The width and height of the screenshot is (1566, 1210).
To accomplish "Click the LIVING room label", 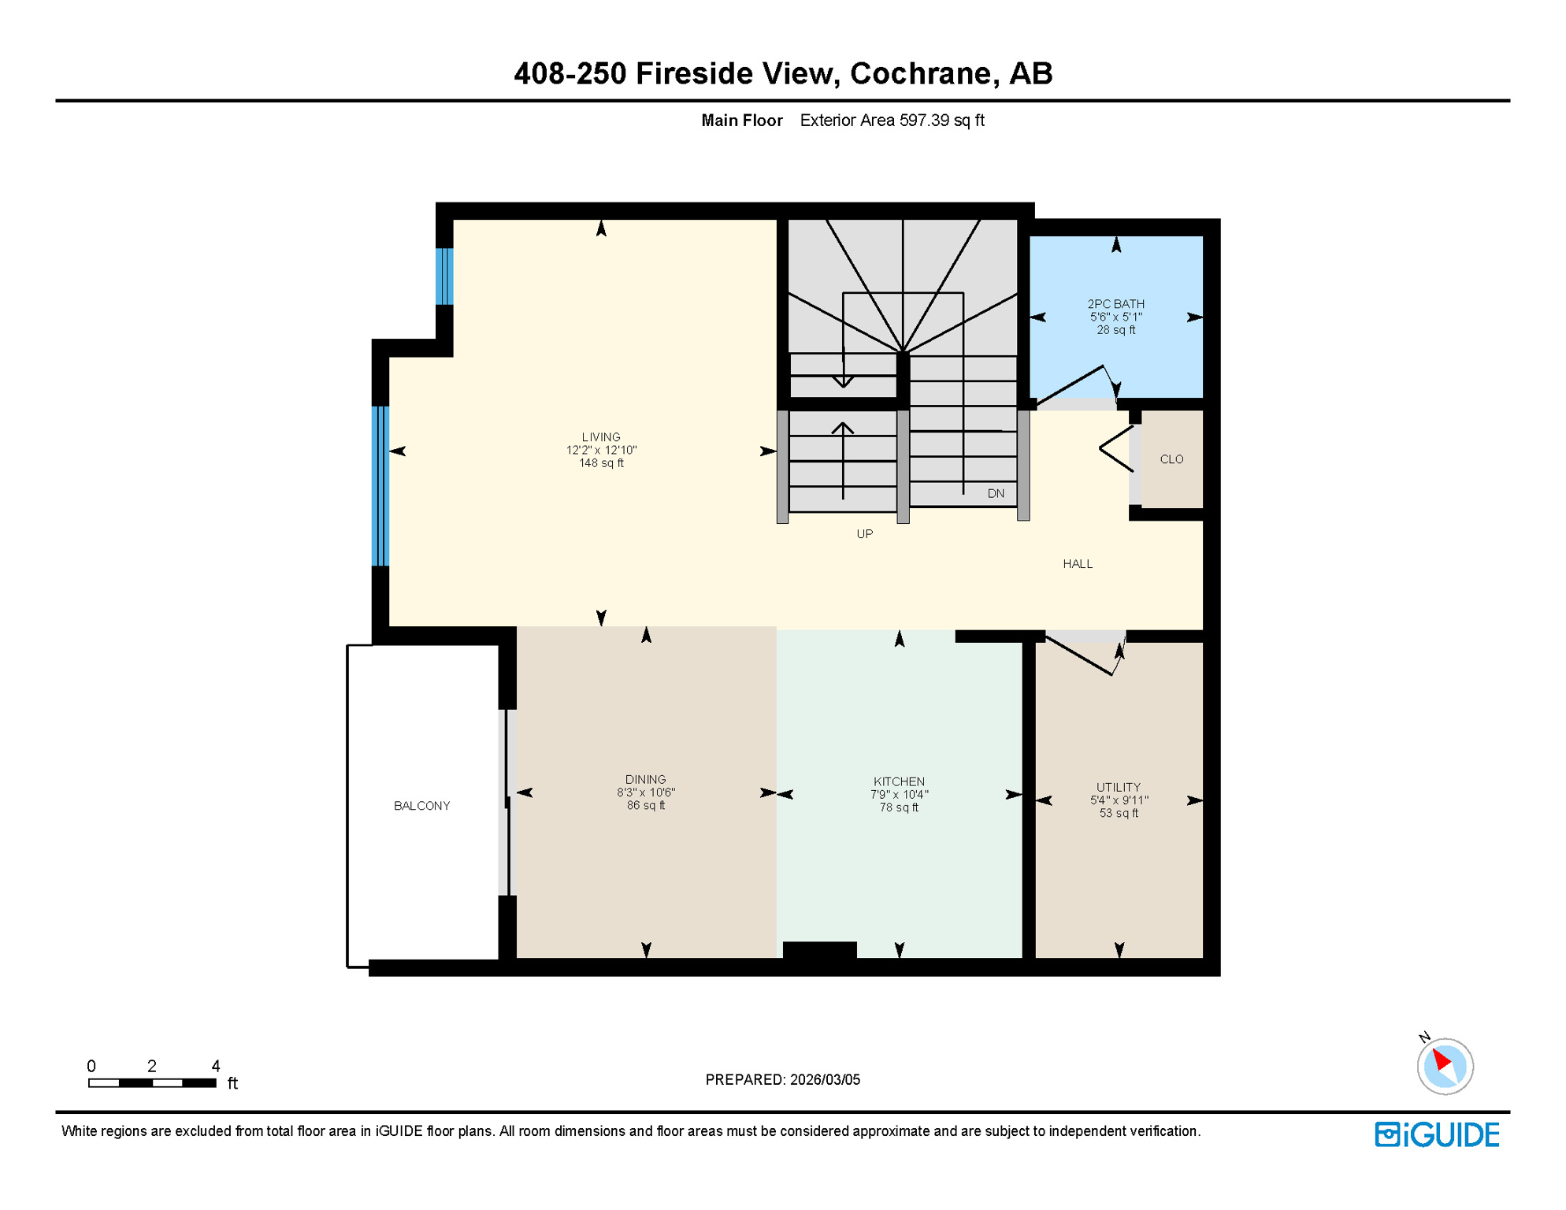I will coord(601,437).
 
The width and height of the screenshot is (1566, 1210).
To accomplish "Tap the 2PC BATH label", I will coord(1115,304).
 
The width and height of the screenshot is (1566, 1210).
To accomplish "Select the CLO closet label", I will coord(1171,459).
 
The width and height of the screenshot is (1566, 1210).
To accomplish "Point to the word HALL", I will coord(1077,564).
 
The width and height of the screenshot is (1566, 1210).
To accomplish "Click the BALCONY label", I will coord(421,806).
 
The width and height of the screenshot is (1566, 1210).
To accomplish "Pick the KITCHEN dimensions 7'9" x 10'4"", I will coord(899,795).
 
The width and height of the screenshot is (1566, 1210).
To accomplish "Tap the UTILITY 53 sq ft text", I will coord(1119,813).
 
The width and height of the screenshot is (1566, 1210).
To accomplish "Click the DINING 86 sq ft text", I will coord(646,806).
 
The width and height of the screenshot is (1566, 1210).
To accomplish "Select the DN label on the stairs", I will coord(996,494).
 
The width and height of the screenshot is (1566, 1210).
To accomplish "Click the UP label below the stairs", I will coord(864,534).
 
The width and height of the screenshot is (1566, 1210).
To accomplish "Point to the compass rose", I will coord(1445,1066).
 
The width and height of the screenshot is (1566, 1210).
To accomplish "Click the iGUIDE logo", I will coord(1437,1134).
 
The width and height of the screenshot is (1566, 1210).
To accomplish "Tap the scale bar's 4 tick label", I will coord(216,1066).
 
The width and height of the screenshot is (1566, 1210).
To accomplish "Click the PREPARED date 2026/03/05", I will coord(825,1079).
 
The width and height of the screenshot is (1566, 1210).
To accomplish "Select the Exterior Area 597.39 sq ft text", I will coord(892,121).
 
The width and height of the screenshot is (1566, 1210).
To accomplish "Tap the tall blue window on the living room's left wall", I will coord(380,486).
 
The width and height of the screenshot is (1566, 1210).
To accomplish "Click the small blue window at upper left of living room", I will coord(444,277).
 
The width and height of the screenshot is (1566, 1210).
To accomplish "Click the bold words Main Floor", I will coord(741,121).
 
